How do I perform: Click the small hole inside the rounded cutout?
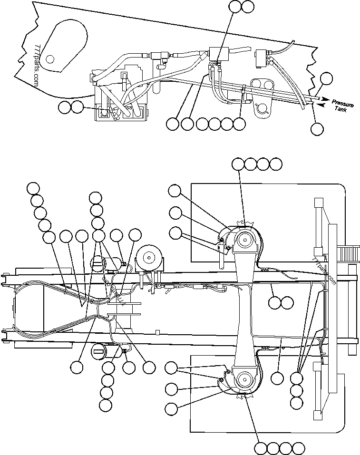point(50,59)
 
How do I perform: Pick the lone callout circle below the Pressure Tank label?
point(317,128)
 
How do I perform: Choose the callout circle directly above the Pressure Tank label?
point(326,78)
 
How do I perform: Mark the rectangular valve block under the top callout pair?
point(218,52)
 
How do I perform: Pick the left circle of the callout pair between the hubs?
point(274,302)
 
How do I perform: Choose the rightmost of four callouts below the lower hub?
point(298,448)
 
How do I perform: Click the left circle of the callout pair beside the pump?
point(64,107)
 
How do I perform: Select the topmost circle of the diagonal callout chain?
point(33,188)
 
